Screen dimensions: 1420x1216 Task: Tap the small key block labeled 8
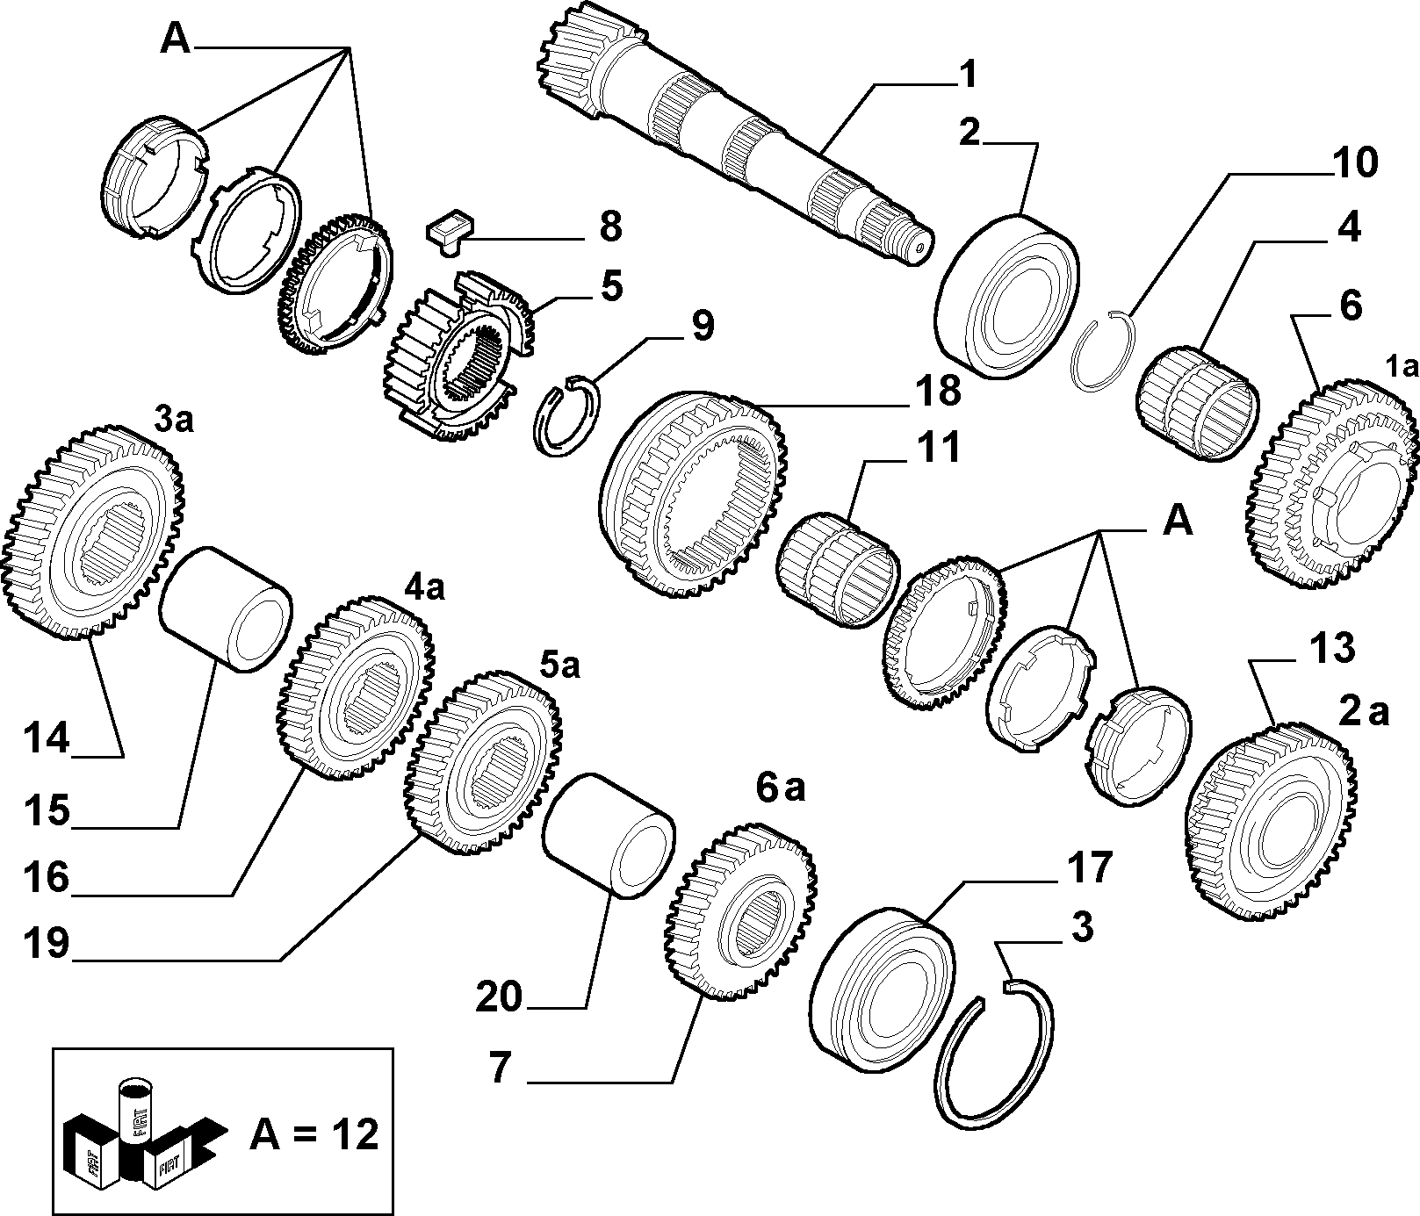coord(449,230)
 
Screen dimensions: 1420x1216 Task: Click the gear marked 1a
coord(1331,485)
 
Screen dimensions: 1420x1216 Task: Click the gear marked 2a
coord(1270,820)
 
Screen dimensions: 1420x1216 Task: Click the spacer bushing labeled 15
coord(226,608)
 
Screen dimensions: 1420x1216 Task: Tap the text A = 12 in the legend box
coord(314,1134)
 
